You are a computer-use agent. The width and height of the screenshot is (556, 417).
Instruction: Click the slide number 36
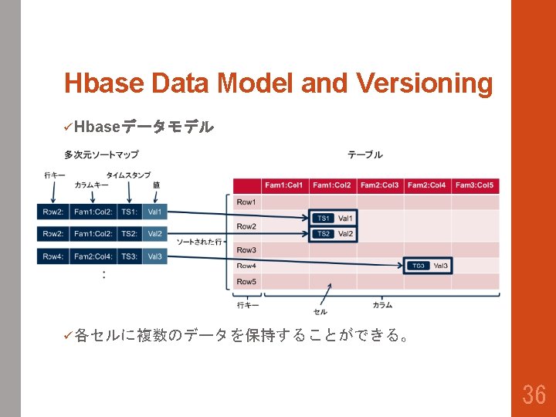coord(534,395)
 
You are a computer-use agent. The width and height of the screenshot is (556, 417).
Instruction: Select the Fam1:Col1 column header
coord(285,185)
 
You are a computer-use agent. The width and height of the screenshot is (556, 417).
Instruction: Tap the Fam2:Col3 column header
coord(380,185)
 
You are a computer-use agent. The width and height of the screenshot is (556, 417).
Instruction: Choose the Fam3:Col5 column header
coord(474,185)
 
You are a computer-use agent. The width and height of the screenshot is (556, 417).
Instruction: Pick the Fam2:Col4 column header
coord(427,185)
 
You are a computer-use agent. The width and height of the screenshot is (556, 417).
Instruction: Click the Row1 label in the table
coord(246,202)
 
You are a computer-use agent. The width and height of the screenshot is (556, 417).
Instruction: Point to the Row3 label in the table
coord(246,250)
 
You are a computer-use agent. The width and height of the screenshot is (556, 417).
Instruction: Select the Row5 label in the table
coord(246,282)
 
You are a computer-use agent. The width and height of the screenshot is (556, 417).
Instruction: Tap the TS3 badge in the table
coord(418,266)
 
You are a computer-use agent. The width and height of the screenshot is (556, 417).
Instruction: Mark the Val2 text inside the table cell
coord(345,234)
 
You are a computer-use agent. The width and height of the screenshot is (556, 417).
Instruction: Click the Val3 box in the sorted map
coord(154,256)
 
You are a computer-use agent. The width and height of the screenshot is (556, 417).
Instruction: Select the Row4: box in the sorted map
coord(53,256)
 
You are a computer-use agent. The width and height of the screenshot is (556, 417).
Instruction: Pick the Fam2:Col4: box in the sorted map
coord(93,256)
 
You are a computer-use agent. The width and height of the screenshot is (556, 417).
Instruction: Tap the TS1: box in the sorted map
coord(129,212)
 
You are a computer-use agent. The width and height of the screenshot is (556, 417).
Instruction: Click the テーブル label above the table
coord(364,155)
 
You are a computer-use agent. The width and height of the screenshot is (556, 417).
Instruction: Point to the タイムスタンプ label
coord(128,175)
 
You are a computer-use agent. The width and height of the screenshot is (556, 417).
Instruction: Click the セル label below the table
coord(320,312)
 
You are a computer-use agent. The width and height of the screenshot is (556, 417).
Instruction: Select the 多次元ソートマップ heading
coord(101,155)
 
